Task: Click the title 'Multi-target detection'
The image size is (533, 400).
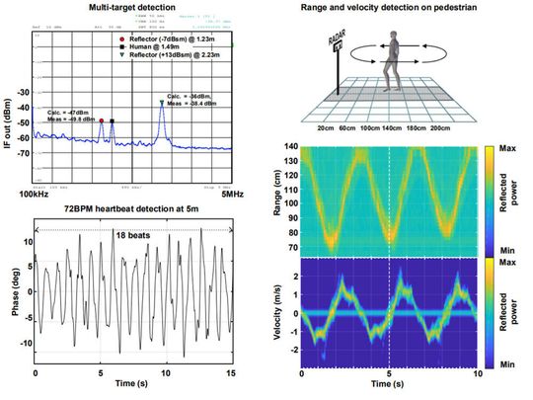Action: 134,8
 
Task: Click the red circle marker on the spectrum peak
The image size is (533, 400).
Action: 101,120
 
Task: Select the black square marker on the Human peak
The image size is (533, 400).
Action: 113,121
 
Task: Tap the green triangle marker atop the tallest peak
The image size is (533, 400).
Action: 162,102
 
